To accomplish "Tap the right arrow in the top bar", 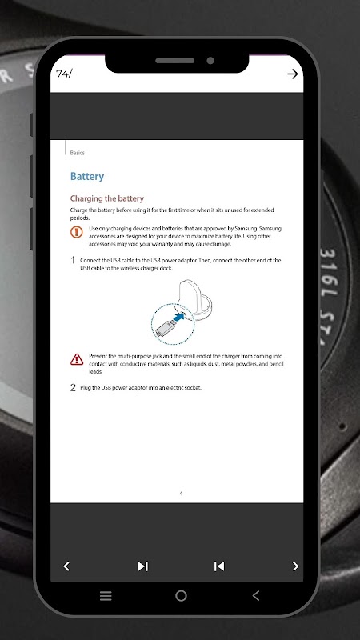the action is click(293, 74).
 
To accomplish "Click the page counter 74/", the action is click(64, 74).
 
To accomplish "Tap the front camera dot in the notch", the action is click(210, 61).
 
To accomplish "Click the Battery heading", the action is click(87, 176).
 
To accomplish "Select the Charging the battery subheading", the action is click(107, 198).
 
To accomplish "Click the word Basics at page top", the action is click(77, 153).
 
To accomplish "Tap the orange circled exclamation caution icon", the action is click(76, 232).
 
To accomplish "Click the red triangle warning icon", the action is click(77, 359).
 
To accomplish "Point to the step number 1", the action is click(73, 261).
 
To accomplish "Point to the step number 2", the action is click(73, 388).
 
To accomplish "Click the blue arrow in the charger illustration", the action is click(178, 317).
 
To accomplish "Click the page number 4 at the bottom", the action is click(181, 494).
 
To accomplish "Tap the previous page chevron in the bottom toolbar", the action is click(66, 566).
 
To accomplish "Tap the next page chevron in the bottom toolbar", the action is click(295, 566).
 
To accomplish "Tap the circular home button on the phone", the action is click(181, 596).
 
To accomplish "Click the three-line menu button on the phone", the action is click(106, 596).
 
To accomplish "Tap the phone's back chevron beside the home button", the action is click(256, 596).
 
